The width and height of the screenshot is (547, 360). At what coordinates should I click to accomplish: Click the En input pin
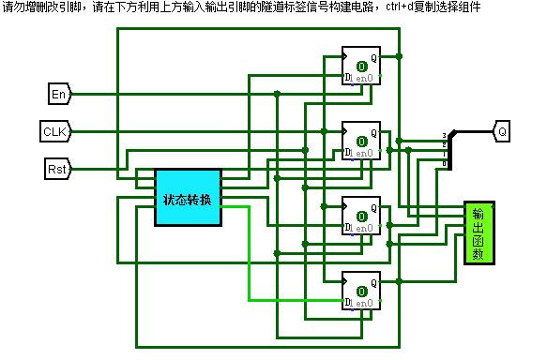pyautogui.click(x=58, y=94)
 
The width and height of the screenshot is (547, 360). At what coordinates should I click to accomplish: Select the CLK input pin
pyautogui.click(x=54, y=131)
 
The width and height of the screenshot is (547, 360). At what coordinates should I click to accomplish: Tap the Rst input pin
pyautogui.click(x=57, y=169)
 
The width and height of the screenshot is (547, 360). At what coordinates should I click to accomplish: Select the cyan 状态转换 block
pyautogui.click(x=188, y=198)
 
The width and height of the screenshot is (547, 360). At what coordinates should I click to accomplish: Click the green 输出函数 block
pyautogui.click(x=479, y=232)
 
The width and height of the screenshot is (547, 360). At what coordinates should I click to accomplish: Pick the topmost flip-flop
pyautogui.click(x=360, y=66)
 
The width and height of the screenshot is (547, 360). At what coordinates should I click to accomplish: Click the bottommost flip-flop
pyautogui.click(x=360, y=291)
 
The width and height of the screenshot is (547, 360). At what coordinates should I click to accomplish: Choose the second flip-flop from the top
pyautogui.click(x=360, y=141)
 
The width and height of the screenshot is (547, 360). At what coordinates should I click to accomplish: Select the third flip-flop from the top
pyautogui.click(x=360, y=216)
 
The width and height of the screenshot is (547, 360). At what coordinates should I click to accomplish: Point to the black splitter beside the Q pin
pyautogui.click(x=449, y=150)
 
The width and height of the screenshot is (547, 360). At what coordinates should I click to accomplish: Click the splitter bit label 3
pyautogui.click(x=444, y=137)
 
